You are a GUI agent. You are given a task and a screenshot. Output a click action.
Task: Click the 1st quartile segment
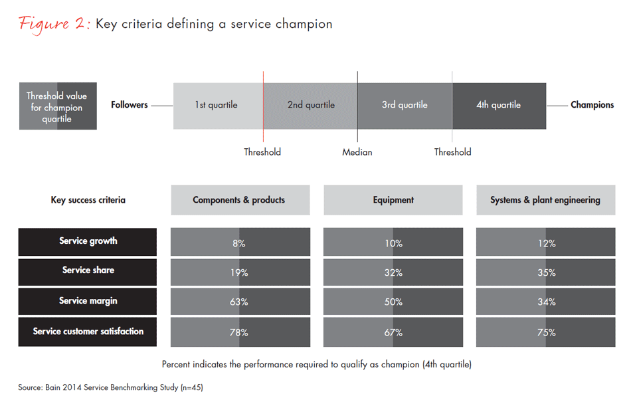217,105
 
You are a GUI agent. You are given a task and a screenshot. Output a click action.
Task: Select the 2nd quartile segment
310,105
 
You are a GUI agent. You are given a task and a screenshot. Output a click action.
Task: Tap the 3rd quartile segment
405,105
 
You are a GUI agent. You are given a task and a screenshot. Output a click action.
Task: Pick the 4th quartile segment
499,105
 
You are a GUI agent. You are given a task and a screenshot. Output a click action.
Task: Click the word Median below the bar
357,152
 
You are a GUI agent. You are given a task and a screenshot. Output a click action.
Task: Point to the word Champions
592,105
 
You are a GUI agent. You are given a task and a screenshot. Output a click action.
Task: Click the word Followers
130,105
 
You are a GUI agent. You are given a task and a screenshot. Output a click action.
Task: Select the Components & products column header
240,200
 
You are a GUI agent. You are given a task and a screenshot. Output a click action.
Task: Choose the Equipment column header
393,200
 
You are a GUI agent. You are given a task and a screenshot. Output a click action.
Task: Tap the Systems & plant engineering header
545,200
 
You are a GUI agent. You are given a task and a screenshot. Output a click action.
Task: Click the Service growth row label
88,242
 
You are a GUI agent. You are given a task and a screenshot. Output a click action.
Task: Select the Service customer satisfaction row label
88,332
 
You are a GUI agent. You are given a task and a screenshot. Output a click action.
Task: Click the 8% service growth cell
240,243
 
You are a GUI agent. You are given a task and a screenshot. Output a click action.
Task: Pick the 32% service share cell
393,272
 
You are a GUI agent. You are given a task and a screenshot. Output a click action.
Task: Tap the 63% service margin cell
240,302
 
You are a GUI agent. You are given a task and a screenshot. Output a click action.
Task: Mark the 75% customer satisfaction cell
546,332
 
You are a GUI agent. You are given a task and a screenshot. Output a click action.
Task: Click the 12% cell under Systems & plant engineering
546,243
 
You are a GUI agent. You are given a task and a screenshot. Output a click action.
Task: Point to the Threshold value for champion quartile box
57,106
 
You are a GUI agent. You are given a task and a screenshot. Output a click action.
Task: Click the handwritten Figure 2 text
54,24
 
